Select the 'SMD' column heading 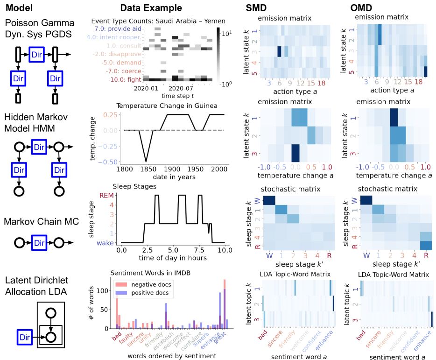pos(258,8)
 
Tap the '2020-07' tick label pos(181,88)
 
